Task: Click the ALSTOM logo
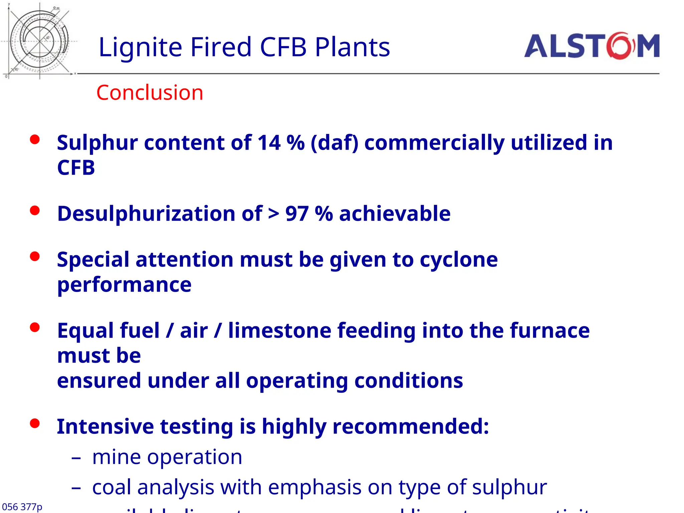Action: click(592, 46)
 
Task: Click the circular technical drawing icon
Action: click(39, 41)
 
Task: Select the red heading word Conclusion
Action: click(150, 93)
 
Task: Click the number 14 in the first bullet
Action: click(269, 143)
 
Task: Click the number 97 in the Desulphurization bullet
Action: click(297, 214)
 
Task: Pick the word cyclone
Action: click(459, 260)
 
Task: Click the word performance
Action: click(124, 285)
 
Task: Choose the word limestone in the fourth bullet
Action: click(280, 331)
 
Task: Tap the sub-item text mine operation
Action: click(167, 457)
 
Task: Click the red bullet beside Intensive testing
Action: click(35, 423)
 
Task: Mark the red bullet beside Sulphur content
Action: click(35, 139)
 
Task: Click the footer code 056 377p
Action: click(22, 507)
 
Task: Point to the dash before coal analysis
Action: click(76, 488)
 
